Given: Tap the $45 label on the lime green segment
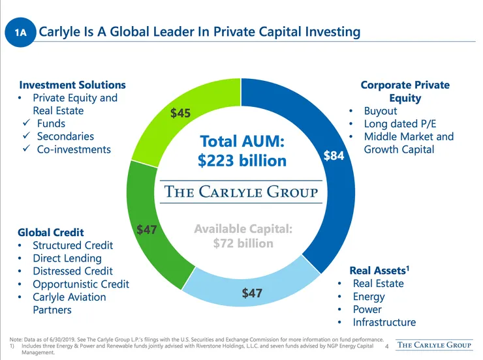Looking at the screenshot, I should pyautogui.click(x=180, y=113).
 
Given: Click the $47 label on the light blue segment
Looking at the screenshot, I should pyautogui.click(x=252, y=293).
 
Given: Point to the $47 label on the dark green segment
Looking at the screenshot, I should pyautogui.click(x=146, y=230).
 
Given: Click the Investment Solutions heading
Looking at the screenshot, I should pyautogui.click(x=72, y=85).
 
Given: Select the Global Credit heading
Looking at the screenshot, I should pyautogui.click(x=51, y=232).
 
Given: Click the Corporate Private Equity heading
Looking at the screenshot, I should pyautogui.click(x=405, y=91).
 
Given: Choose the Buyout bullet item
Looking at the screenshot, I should pyautogui.click(x=381, y=111).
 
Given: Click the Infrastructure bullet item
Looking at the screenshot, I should pyautogui.click(x=384, y=322).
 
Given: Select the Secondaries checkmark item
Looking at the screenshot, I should pyautogui.click(x=65, y=136).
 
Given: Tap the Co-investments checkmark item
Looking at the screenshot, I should pyautogui.click(x=74, y=149).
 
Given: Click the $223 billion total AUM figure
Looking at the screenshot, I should pyautogui.click(x=242, y=160).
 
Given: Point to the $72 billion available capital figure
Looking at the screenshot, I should pyautogui.click(x=243, y=243).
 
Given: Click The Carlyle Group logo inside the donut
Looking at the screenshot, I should pyautogui.click(x=241, y=191).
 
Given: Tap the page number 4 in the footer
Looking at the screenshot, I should pyautogui.click(x=387, y=346).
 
